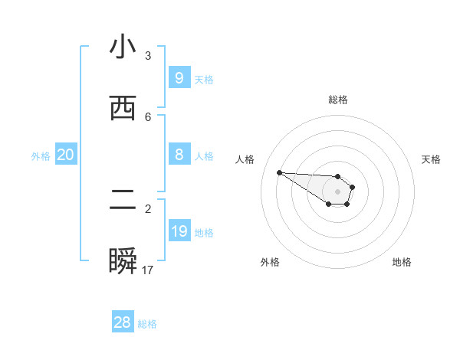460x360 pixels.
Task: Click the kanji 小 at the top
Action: (123, 47)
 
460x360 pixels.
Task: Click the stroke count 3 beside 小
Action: (148, 56)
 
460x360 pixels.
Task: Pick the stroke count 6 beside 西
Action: (148, 117)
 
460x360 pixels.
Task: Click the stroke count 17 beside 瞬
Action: (148, 270)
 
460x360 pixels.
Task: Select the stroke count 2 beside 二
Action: (148, 208)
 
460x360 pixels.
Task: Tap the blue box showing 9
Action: (179, 77)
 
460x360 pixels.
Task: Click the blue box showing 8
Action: (179, 155)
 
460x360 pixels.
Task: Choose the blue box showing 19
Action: (179, 231)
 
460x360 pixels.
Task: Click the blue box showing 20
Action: (65, 155)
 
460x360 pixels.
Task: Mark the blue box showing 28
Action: (122, 322)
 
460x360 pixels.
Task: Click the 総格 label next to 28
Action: (147, 324)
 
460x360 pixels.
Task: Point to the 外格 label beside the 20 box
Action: (41, 156)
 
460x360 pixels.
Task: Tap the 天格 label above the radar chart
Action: (431, 159)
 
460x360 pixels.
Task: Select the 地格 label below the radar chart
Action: (402, 262)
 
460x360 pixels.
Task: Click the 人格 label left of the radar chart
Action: (245, 159)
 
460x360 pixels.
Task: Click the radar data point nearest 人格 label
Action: (279, 172)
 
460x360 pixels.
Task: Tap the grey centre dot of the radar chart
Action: (337, 191)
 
